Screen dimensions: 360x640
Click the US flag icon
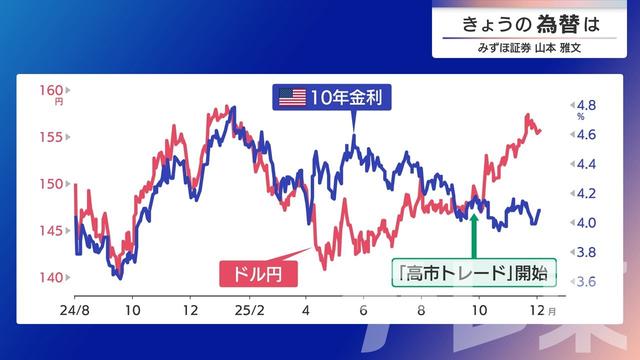click(x=292, y=97)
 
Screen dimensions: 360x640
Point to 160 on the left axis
click(x=51, y=89)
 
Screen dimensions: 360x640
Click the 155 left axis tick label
click(x=51, y=136)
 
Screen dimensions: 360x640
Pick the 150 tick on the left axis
click(x=51, y=184)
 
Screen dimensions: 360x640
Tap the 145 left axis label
click(x=51, y=231)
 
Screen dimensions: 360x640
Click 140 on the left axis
click(x=51, y=278)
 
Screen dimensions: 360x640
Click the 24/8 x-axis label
click(x=73, y=311)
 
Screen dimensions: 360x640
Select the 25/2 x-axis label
click(x=250, y=311)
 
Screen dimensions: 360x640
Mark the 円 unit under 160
click(x=59, y=101)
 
